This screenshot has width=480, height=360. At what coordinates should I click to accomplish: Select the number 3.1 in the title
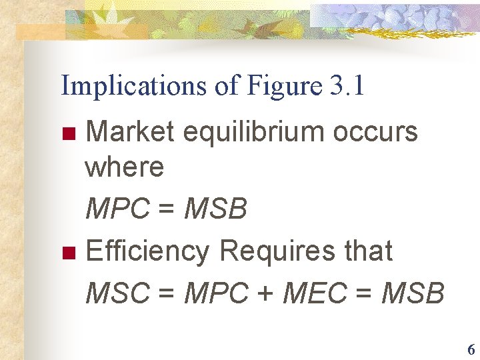[347, 86]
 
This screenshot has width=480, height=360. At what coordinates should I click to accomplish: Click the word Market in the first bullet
[130, 131]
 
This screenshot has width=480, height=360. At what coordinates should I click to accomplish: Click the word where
[124, 167]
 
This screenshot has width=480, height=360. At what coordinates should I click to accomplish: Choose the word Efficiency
[147, 251]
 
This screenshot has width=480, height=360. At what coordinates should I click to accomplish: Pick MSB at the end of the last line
[411, 293]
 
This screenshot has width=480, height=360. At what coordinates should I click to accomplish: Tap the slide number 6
[471, 349]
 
